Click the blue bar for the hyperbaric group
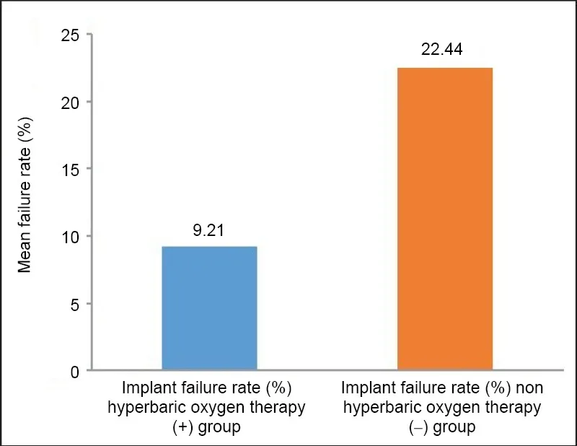(209, 308)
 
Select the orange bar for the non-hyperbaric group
(445, 219)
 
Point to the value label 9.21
(208, 230)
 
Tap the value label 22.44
(441, 49)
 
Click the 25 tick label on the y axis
(70, 35)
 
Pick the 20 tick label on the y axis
(70, 102)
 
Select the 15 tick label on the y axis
(70, 170)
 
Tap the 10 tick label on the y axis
(70, 237)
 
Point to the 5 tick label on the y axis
(75, 305)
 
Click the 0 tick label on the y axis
(75, 372)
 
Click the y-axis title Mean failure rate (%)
(25, 195)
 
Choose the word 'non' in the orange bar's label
(529, 388)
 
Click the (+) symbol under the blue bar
(183, 427)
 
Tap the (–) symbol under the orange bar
(418, 427)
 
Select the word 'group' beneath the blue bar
(219, 428)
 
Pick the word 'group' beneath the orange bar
(454, 428)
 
